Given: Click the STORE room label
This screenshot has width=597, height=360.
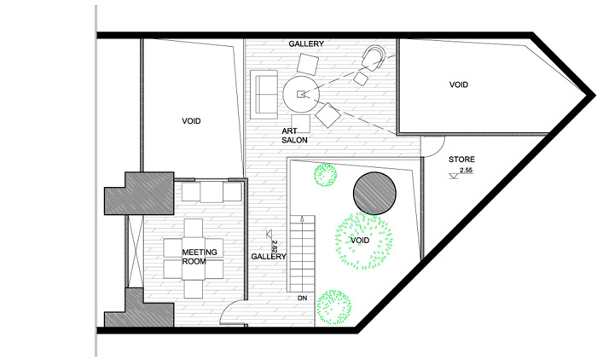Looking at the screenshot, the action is click(x=461, y=160).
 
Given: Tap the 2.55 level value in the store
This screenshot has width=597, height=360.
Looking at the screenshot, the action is click(x=467, y=171).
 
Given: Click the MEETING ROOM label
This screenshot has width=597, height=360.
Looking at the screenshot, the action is click(x=200, y=257).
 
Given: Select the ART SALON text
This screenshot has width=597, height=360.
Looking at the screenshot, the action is click(x=294, y=136).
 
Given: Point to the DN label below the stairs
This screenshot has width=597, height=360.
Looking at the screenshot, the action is click(x=302, y=298).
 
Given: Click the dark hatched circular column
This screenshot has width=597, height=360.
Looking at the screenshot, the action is click(x=374, y=193).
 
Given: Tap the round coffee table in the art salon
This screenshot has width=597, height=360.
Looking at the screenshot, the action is click(x=301, y=94).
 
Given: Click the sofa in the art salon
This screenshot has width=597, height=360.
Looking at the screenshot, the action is click(x=264, y=94).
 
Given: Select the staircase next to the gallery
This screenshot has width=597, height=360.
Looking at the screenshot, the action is click(x=302, y=253).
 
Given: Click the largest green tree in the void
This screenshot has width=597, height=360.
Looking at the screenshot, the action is click(x=363, y=241).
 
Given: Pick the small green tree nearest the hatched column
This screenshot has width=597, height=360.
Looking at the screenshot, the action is click(x=325, y=175).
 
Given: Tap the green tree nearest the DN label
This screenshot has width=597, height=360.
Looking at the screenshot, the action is click(x=334, y=307).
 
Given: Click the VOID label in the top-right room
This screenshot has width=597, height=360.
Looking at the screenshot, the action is click(x=459, y=84).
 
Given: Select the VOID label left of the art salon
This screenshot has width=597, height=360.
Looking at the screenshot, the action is click(x=191, y=121).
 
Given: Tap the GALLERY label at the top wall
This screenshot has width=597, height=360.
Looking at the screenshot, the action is click(x=306, y=44).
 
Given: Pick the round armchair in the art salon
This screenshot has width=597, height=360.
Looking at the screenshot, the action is click(x=374, y=57).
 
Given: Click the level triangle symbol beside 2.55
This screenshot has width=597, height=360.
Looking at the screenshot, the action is click(x=454, y=176).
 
